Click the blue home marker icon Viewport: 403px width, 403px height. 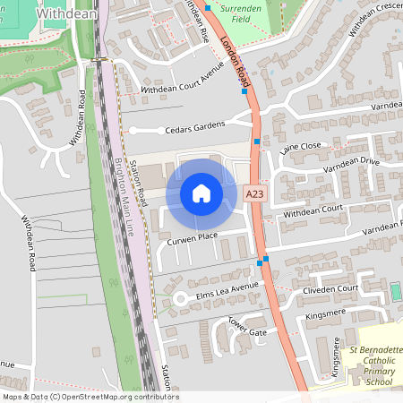(201, 193)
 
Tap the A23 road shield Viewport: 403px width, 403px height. (254, 192)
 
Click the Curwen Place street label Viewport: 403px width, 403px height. (192, 236)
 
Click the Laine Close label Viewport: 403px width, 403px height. (300, 146)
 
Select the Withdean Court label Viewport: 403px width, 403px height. (313, 211)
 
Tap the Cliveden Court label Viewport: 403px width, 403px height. (330, 288)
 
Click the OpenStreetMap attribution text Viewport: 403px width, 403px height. (90, 397)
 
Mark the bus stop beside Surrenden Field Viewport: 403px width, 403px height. (209, 7)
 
